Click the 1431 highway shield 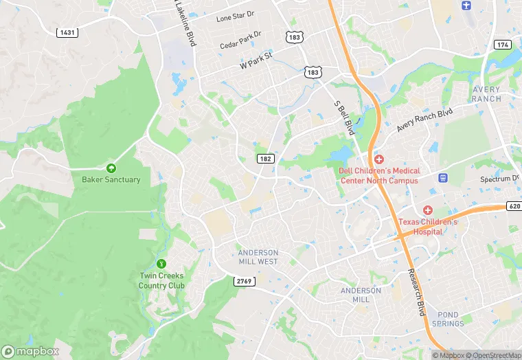(67, 32)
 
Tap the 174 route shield (502, 45)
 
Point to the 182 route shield (266, 159)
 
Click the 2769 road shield (244, 282)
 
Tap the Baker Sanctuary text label (111, 180)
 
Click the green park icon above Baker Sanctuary (111, 168)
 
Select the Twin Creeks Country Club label (161, 280)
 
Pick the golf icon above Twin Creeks (161, 263)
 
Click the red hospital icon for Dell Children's (378, 159)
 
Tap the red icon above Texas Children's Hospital (428, 210)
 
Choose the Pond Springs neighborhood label (449, 319)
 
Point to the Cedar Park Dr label (240, 40)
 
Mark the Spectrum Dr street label (499, 179)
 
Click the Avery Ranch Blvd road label (425, 120)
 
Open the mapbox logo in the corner (31, 350)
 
